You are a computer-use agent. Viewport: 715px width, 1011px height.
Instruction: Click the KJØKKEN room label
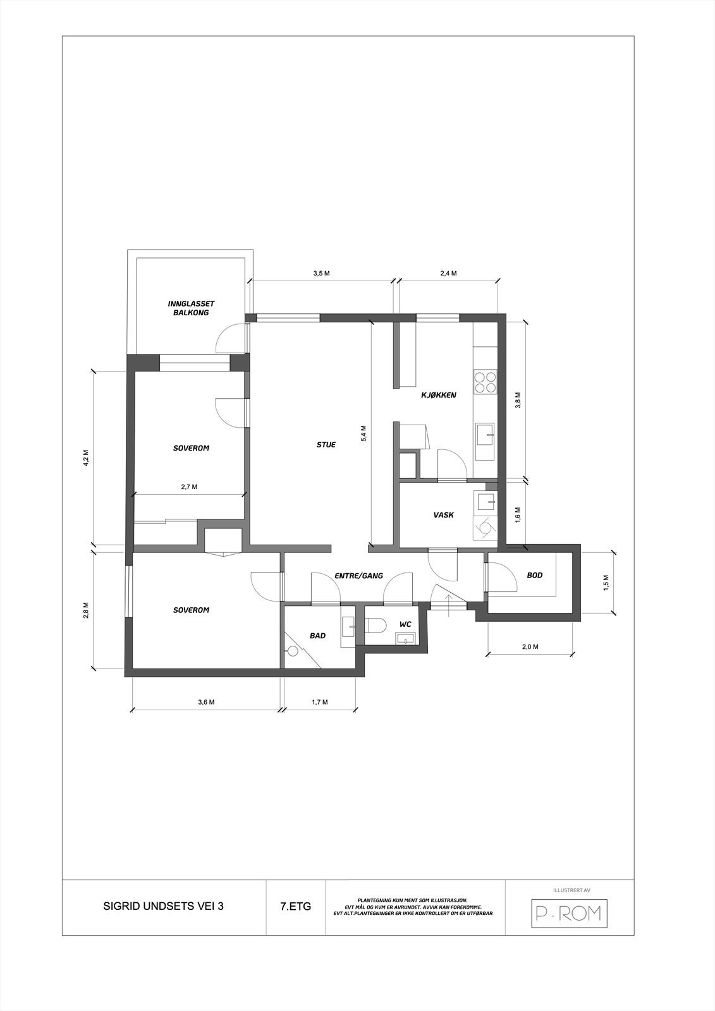(x=439, y=396)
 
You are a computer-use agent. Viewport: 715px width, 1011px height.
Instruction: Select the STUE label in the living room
(x=326, y=445)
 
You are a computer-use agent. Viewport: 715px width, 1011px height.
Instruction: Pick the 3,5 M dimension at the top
(x=321, y=274)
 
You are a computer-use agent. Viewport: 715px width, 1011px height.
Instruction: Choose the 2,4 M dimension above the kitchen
(x=448, y=274)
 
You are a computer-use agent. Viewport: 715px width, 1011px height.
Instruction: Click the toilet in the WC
(x=377, y=625)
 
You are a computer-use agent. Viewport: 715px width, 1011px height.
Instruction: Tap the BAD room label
(x=317, y=636)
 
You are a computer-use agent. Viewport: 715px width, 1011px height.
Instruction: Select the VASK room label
(x=443, y=515)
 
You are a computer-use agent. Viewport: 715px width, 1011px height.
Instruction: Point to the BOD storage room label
(x=535, y=575)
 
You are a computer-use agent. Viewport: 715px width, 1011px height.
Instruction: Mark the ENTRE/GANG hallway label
(x=359, y=576)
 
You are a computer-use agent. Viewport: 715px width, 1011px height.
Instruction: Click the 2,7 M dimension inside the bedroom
(x=189, y=487)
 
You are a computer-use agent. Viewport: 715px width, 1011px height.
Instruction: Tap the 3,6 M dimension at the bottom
(x=206, y=702)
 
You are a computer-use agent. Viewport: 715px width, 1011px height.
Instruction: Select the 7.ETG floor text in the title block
(x=295, y=906)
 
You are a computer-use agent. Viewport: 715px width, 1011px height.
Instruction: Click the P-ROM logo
(x=568, y=913)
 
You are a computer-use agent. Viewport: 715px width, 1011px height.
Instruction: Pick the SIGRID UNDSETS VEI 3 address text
(x=163, y=906)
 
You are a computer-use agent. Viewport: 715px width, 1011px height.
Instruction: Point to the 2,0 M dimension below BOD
(x=530, y=646)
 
